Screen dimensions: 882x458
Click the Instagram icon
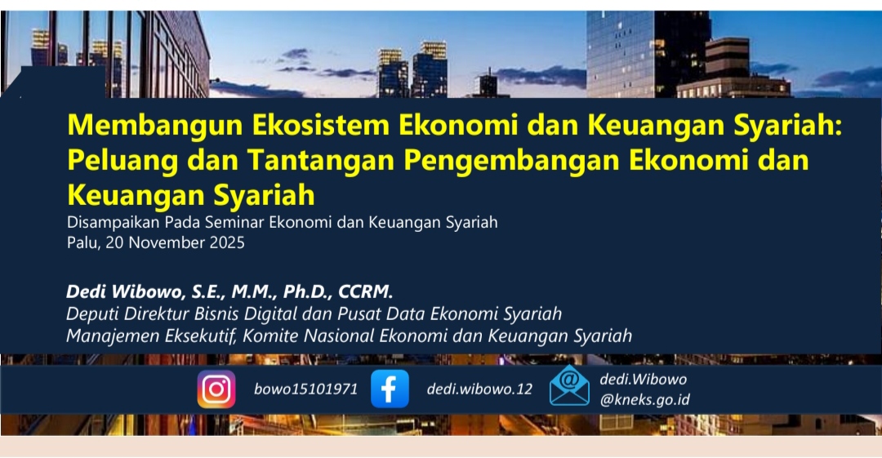point(216,389)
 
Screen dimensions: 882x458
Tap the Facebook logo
point(390,389)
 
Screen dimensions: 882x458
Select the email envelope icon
point(569,385)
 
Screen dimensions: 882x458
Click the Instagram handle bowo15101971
point(305,389)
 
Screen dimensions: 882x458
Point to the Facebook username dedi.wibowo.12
point(479,389)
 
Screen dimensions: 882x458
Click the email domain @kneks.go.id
point(644,400)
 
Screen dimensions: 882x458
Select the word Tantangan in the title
point(321,161)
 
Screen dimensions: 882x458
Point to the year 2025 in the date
point(227,243)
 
